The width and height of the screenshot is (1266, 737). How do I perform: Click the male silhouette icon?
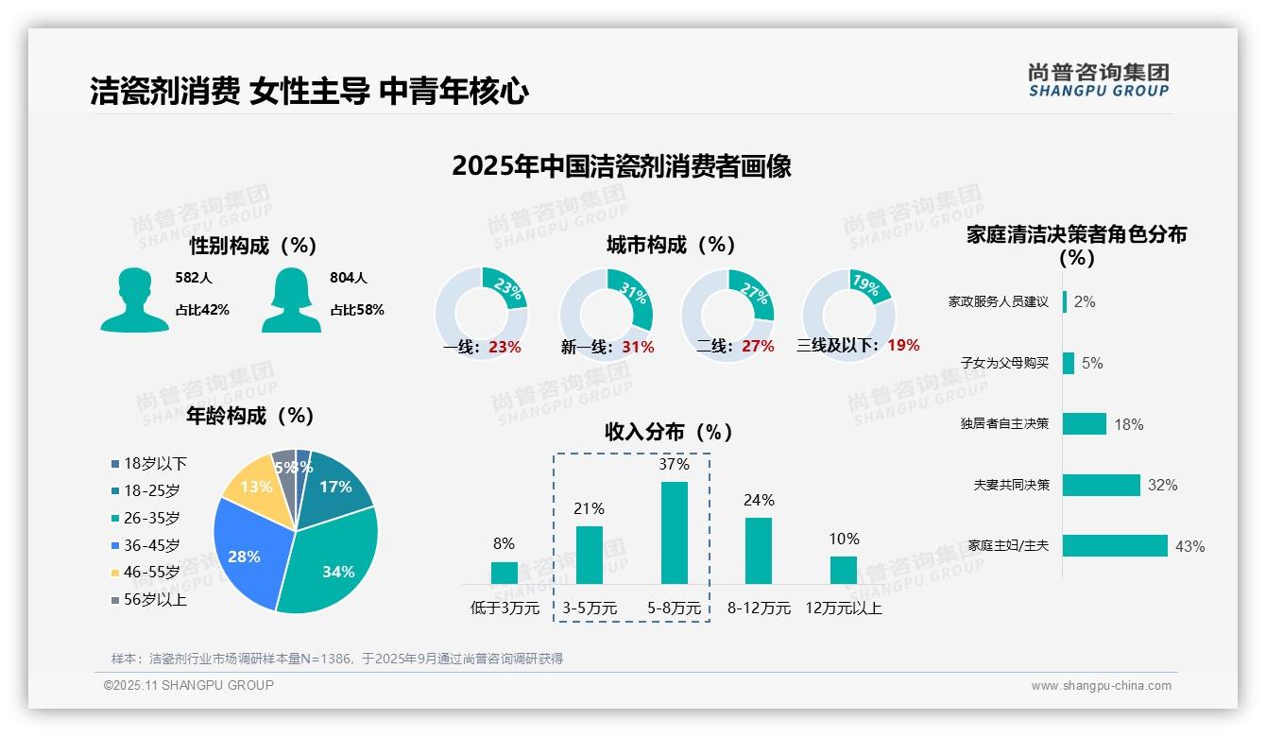[x=134, y=300]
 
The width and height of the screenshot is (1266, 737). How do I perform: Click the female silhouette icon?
[x=291, y=300]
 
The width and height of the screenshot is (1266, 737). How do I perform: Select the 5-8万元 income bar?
[x=674, y=533]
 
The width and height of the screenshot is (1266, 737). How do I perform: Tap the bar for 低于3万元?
[x=505, y=573]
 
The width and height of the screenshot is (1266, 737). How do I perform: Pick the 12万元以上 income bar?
[x=844, y=570]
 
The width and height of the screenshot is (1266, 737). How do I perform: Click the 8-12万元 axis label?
[x=759, y=608]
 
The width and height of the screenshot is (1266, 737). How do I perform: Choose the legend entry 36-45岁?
[x=151, y=545]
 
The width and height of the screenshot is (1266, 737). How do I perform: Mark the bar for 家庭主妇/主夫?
[x=1115, y=545]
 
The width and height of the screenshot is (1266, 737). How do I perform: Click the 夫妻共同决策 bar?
[x=1102, y=485]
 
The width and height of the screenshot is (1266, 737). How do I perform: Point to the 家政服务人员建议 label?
[x=999, y=301]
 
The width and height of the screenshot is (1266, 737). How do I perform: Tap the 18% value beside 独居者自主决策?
[x=1129, y=424]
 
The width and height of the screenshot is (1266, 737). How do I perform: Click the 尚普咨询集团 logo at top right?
[x=1099, y=80]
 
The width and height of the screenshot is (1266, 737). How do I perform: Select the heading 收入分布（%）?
[x=669, y=432]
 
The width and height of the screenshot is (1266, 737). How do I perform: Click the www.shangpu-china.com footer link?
[x=1101, y=686]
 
